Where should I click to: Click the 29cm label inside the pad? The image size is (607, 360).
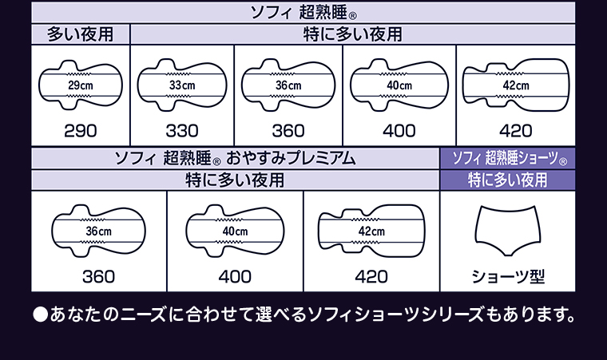point(81,85)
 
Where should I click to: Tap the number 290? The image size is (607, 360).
point(81,131)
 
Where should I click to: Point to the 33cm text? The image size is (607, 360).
point(182,85)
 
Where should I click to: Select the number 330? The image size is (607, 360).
point(182,131)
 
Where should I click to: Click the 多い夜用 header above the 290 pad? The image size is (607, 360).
point(81,34)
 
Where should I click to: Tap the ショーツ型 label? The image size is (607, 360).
point(508,276)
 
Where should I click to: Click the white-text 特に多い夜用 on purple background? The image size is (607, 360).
point(507,180)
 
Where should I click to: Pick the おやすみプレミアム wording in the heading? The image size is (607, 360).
point(291,158)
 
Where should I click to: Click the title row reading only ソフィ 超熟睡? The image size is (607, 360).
point(303,13)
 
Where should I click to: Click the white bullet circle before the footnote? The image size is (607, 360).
point(40,315)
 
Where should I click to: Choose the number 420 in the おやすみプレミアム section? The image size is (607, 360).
point(371,277)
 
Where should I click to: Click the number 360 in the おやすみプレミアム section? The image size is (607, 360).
point(99,277)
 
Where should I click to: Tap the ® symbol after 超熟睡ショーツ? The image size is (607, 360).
point(563,161)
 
